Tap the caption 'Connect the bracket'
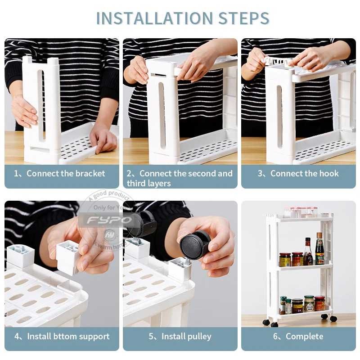(66, 173)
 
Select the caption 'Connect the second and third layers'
(180, 178)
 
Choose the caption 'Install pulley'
(186, 336)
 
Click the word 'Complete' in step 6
(304, 336)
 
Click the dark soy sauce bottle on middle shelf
(319, 250)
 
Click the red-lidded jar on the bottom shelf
(319, 304)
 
